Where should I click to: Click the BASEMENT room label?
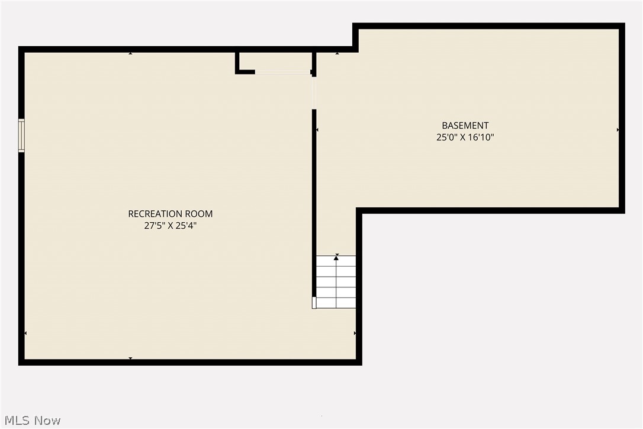pyautogui.click(x=465, y=126)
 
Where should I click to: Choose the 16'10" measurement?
pyautogui.click(x=480, y=137)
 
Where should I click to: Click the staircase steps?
pyautogui.click(x=336, y=282)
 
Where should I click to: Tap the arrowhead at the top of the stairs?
pyautogui.click(x=336, y=258)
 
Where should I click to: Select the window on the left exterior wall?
pyautogui.click(x=21, y=136)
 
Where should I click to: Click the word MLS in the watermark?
pyautogui.click(x=18, y=421)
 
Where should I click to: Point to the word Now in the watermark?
pyautogui.click(x=47, y=421)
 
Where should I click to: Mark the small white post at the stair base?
pyautogui.click(x=314, y=303)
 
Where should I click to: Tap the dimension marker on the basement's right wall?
pyautogui.click(x=618, y=129)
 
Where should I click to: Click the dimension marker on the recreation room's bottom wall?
pyautogui.click(x=130, y=358)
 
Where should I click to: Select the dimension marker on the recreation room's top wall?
pyautogui.click(x=130, y=53)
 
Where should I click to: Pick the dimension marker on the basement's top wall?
pyautogui.click(x=337, y=53)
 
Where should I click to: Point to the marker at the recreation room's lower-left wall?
pyautogui.click(x=25, y=333)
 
